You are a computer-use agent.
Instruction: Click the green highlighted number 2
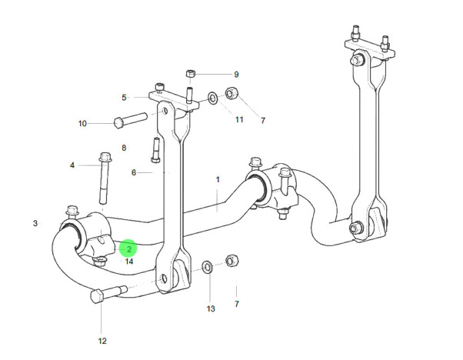point(129,248)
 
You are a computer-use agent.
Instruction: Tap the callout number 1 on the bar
point(218,180)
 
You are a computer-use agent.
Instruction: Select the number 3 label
point(35,224)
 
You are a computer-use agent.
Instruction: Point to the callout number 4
point(73,165)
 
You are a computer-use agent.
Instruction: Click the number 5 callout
point(123,98)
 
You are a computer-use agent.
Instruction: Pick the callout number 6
point(133,173)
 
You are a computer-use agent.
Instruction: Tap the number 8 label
point(123,148)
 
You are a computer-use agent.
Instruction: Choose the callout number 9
point(236,75)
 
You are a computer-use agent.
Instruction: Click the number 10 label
point(83,123)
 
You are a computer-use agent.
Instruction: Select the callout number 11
point(239,119)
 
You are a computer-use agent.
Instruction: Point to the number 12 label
point(102,341)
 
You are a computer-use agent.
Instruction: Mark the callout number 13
point(212,308)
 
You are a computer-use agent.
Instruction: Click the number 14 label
point(129,262)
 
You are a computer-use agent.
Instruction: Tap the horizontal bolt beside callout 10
point(129,120)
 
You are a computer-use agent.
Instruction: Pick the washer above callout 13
point(207,268)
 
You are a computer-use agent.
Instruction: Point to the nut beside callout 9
point(192,75)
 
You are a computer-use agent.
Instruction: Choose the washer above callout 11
point(212,98)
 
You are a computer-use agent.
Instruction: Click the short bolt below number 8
point(155,150)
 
